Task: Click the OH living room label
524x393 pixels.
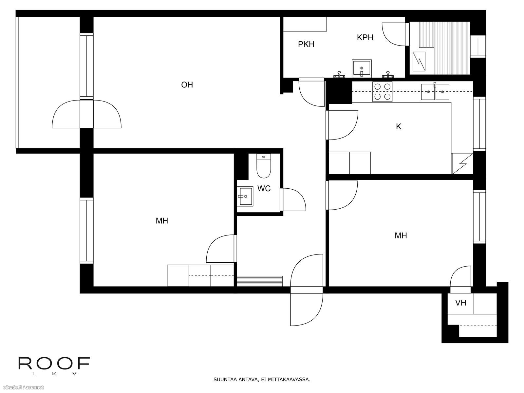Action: (187, 85)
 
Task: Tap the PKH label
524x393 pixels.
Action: (306, 45)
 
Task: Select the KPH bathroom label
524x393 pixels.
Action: (365, 37)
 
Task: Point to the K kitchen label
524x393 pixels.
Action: (399, 127)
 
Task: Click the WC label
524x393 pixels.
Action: (264, 189)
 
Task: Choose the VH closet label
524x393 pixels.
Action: (460, 303)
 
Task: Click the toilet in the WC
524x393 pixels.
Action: (264, 166)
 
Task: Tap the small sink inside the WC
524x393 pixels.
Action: (245, 196)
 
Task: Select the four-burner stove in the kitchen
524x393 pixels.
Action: (382, 92)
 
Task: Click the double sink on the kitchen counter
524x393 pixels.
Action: (435, 92)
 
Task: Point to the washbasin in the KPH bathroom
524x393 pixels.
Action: (362, 68)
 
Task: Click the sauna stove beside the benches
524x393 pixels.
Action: (419, 62)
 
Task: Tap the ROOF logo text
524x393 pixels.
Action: (54, 364)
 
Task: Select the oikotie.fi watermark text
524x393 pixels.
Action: (22, 388)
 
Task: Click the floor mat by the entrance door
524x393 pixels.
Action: (260, 281)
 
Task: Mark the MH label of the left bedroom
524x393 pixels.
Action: (162, 221)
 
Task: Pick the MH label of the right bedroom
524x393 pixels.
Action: (401, 235)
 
